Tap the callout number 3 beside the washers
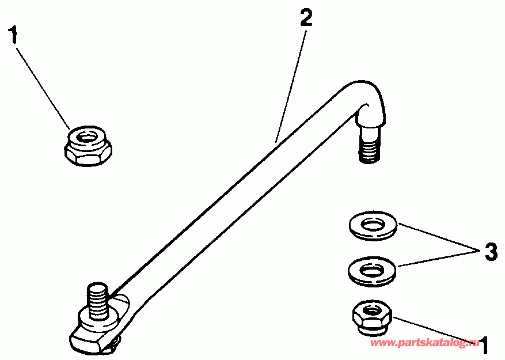(490, 252)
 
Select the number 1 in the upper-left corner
(13, 35)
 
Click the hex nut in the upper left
(88, 145)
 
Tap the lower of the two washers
(373, 269)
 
